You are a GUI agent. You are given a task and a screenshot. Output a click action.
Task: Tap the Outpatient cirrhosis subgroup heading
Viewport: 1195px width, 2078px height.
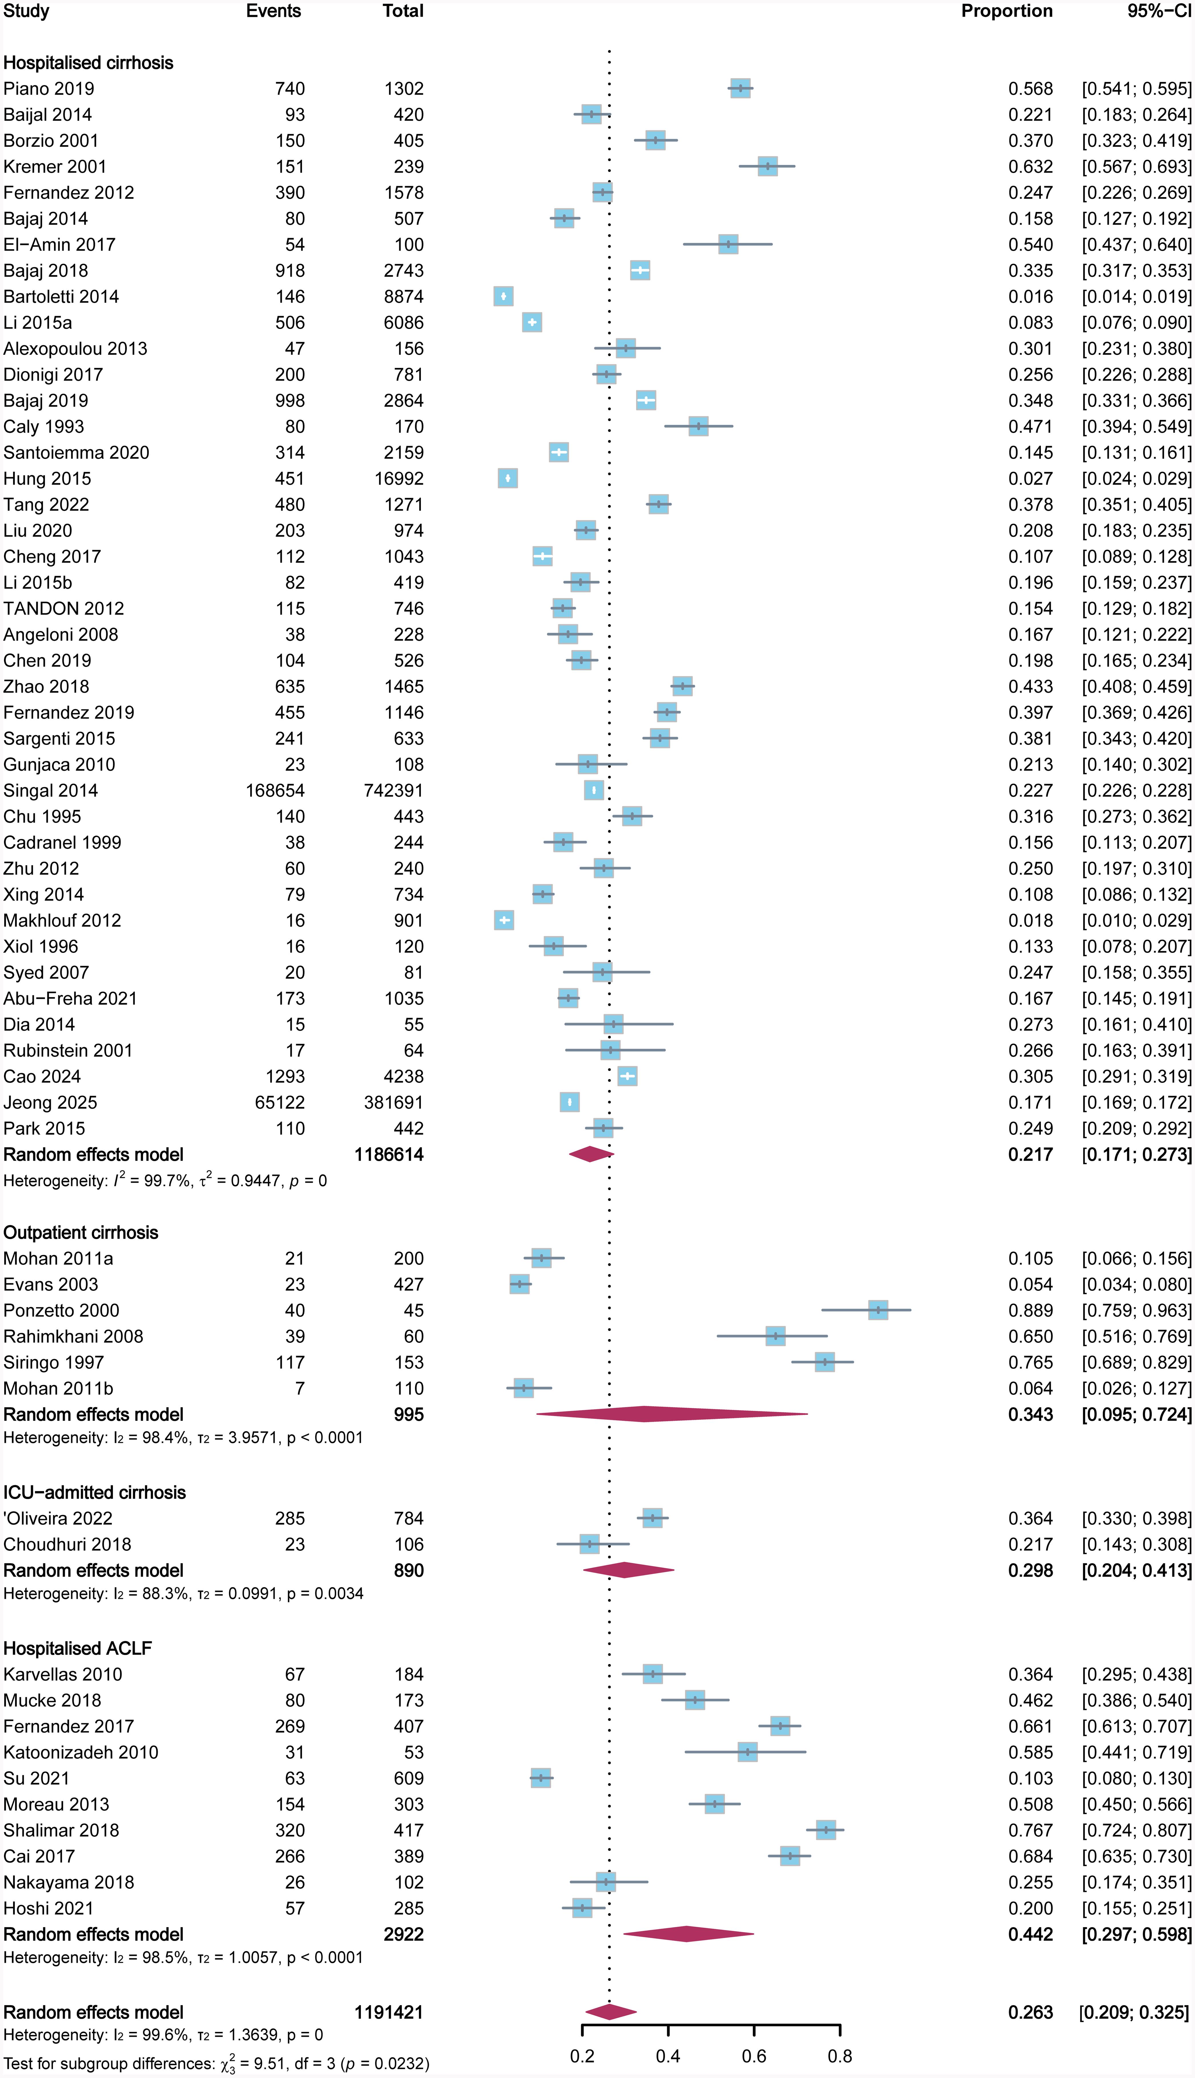pos(80,1232)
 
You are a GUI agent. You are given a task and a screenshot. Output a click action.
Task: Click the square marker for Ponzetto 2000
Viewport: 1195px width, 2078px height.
pos(877,1310)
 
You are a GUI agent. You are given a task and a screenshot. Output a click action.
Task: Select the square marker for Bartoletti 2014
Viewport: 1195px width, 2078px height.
pos(503,296)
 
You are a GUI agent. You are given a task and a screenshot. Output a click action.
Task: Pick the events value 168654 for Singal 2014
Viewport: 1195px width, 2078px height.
pos(275,791)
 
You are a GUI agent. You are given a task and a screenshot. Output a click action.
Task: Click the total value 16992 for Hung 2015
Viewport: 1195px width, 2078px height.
pos(400,479)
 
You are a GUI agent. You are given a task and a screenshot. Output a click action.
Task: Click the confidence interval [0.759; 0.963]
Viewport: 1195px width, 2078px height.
pos(1136,1310)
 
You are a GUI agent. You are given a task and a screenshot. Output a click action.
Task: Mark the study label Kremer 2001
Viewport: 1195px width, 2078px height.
pos(55,167)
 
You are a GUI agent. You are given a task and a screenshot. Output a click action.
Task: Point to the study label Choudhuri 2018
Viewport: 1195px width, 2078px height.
pos(67,1544)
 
